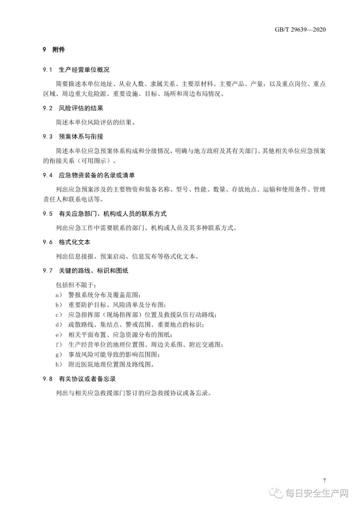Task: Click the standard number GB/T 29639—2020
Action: point(300,30)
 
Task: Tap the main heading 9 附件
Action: point(54,50)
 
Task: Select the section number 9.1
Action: point(47,70)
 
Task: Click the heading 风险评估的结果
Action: point(81,108)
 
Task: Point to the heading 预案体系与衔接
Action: point(81,136)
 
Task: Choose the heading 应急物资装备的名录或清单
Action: point(97,175)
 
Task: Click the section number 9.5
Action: point(47,214)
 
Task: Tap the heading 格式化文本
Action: point(74,242)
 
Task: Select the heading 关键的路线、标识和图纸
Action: point(93,271)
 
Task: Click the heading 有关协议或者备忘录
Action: point(87,379)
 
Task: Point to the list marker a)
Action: point(59,295)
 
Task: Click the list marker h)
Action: point(59,365)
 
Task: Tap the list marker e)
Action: point(59,335)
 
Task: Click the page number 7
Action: point(324,481)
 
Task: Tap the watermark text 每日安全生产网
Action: point(316,493)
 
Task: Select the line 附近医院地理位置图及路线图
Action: point(111,365)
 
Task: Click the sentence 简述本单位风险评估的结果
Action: point(96,122)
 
